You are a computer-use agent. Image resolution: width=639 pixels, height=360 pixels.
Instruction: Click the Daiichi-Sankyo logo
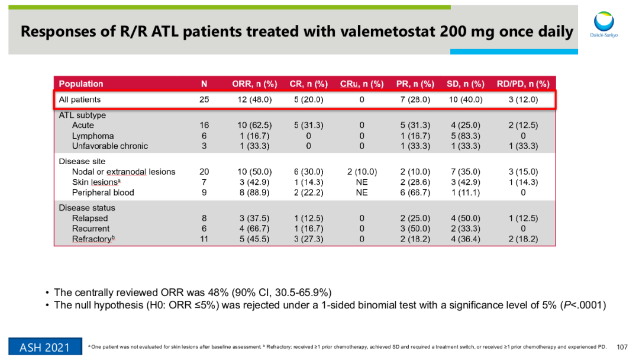(x=603, y=25)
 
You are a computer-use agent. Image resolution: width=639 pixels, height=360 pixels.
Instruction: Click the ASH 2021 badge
(x=44, y=347)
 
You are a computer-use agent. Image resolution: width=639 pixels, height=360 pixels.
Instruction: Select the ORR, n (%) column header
(x=254, y=84)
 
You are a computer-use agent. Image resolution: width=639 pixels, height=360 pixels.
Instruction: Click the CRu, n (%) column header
(x=362, y=84)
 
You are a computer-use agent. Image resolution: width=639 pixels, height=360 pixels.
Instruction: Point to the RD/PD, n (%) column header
(x=523, y=84)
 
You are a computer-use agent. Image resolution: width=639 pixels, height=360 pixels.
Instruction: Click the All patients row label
(x=80, y=99)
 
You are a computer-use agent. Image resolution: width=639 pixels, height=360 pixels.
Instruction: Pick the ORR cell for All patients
(x=254, y=99)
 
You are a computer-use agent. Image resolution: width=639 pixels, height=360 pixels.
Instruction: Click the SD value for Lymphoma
(x=466, y=136)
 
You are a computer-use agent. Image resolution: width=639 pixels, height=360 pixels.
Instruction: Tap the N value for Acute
(x=204, y=126)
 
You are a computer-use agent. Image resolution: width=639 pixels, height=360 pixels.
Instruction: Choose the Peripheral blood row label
(x=103, y=192)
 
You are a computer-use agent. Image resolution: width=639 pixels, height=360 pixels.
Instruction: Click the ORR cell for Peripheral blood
(x=254, y=192)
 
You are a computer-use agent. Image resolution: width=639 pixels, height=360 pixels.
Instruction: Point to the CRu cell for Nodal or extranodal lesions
(x=362, y=172)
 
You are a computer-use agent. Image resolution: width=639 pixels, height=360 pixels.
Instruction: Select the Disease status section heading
(x=87, y=208)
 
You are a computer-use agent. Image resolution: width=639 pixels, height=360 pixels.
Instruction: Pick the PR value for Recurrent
(x=415, y=229)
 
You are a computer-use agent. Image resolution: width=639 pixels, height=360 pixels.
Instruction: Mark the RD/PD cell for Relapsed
(x=523, y=218)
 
